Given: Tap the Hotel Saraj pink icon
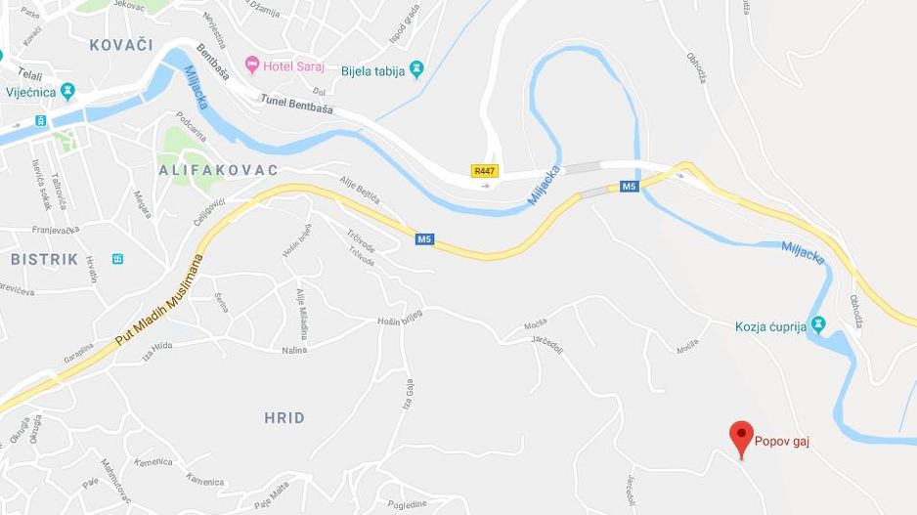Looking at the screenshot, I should click(x=252, y=64).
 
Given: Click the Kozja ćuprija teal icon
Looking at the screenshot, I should click(x=819, y=324).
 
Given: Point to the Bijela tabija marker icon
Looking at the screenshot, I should click(x=417, y=69).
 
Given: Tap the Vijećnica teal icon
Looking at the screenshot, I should click(x=67, y=92).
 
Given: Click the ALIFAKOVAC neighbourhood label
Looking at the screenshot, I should click(x=218, y=170).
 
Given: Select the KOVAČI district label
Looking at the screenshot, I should click(x=121, y=45).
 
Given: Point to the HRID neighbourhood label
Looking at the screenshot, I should click(x=284, y=417).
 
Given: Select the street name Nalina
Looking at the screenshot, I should click(x=294, y=349).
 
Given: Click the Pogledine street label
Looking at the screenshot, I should click(x=407, y=503).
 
